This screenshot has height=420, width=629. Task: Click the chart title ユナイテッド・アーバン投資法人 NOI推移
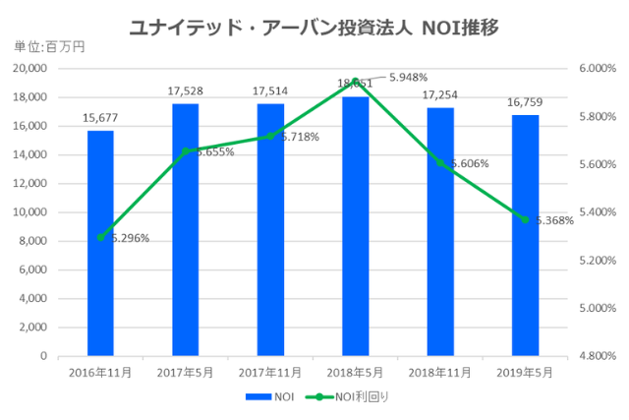click(x=314, y=27)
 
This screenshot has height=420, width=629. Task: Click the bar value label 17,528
click(x=185, y=91)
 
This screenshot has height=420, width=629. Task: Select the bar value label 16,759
click(x=525, y=103)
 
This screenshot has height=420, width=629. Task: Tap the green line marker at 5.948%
click(x=355, y=81)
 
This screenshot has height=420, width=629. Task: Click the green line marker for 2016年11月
click(x=100, y=237)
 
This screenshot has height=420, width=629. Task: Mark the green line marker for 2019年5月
click(x=525, y=219)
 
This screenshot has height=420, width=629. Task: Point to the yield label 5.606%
click(x=465, y=163)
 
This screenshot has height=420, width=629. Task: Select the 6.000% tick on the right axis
click(x=596, y=69)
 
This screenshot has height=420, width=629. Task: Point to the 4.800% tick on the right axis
click(x=596, y=356)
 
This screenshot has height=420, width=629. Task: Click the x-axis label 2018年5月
click(x=355, y=373)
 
